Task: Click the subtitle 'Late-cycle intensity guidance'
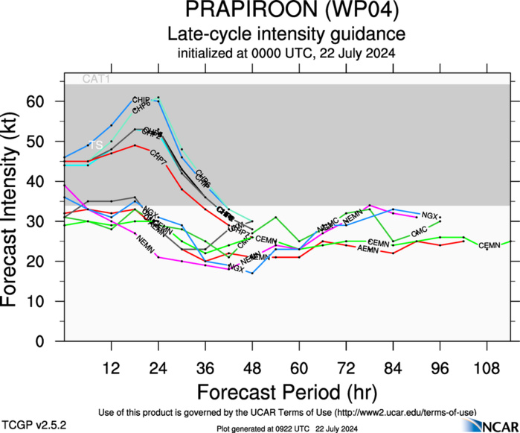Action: [286, 34]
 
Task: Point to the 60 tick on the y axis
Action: [42, 101]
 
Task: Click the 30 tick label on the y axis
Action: [42, 221]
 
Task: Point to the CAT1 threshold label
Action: [96, 78]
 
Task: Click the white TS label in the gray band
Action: [95, 145]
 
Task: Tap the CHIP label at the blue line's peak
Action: [141, 100]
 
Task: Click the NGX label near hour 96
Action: [429, 215]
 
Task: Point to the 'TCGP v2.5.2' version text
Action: [34, 426]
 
